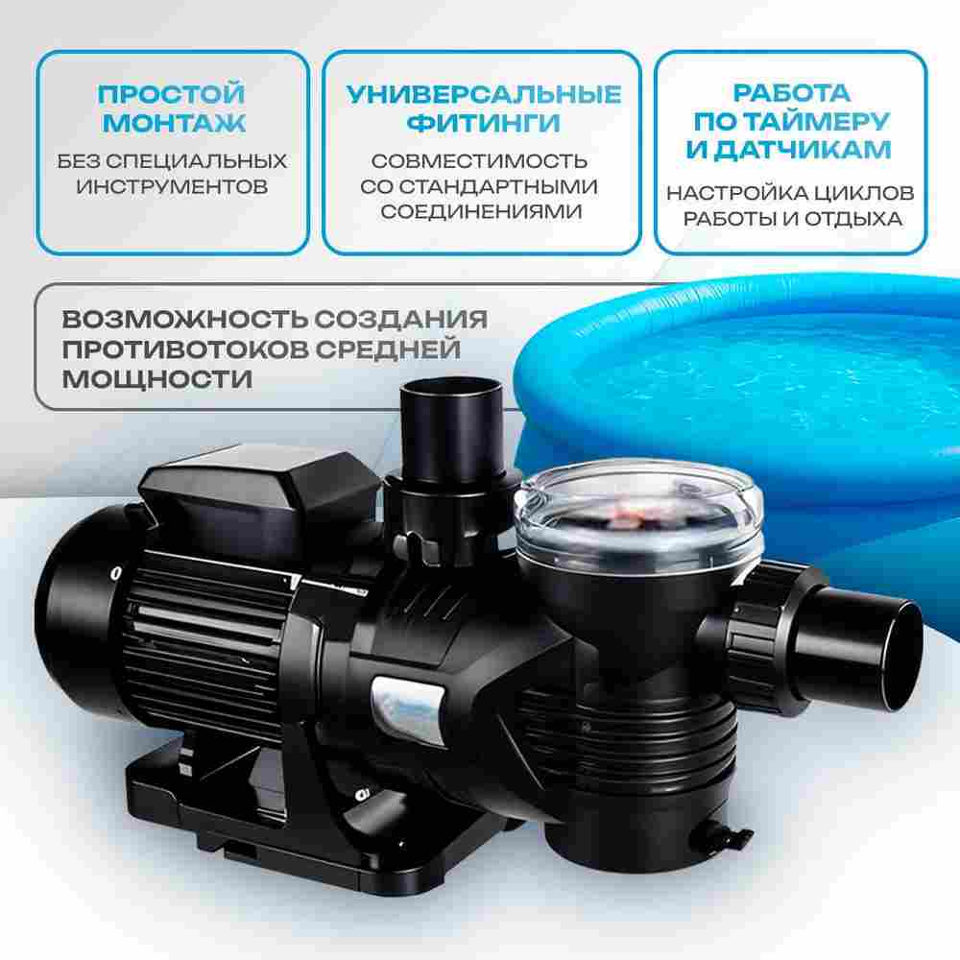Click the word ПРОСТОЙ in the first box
pos(172,94)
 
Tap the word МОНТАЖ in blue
pos(172,123)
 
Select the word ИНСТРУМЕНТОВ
pos(172,185)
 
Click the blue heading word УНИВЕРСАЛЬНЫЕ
pos(483,94)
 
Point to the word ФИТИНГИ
pos(483,123)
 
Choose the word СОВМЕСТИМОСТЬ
pos(480,160)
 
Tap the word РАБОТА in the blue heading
pos(791,93)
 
